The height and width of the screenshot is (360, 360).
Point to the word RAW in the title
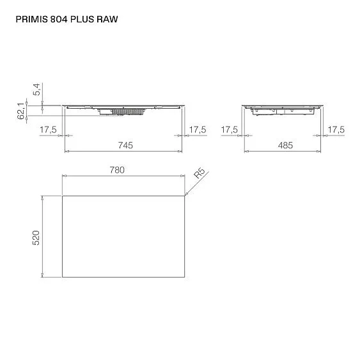[108, 19]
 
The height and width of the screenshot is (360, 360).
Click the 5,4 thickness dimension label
[36, 89]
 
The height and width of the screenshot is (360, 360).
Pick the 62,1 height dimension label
[22, 111]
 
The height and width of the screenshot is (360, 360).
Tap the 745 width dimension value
[125, 146]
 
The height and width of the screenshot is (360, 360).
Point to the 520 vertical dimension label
[36, 237]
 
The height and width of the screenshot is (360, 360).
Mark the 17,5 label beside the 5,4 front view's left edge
[49, 130]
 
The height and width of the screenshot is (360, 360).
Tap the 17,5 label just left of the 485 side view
[230, 130]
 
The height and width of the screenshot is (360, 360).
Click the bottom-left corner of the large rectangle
[63, 277]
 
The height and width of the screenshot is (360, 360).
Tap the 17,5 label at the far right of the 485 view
[336, 130]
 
